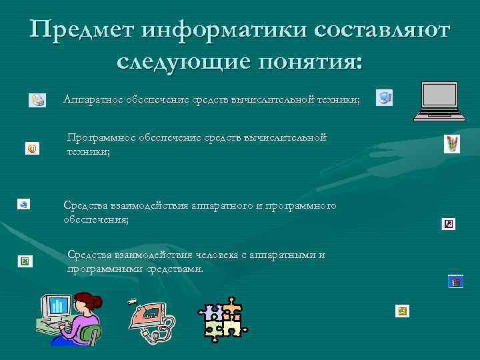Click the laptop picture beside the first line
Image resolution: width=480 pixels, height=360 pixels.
pos(438,101)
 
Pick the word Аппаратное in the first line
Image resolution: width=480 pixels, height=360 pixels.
pos(92,99)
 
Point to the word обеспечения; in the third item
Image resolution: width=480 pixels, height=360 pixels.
pos(95,219)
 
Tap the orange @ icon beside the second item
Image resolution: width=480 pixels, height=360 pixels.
pos(31,148)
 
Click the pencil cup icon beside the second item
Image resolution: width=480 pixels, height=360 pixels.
pos(452,143)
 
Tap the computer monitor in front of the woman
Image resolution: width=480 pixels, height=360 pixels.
pos(55,307)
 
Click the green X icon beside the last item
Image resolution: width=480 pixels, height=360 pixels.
pos(25,261)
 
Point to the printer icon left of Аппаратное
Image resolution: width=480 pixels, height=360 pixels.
pos(37,100)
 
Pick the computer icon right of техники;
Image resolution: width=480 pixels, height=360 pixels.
pos(384,98)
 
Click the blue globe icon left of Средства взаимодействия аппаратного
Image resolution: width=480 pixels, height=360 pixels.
pos(23,204)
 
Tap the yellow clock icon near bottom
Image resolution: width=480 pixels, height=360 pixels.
pos(401,311)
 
